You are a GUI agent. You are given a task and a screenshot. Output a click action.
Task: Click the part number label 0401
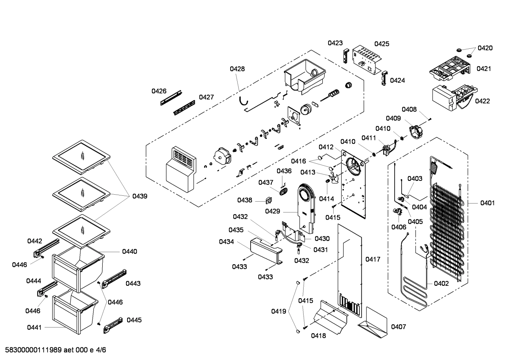pos(487,203)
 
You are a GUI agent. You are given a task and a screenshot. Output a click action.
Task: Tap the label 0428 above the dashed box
pos(237,69)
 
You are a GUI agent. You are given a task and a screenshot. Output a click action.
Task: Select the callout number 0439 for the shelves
pos(140,196)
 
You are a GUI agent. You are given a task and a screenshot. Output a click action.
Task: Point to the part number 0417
pos(373,259)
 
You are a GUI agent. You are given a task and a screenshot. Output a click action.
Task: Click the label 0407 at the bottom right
pos(398,327)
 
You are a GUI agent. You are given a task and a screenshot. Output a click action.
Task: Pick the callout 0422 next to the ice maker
pos(482,101)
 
